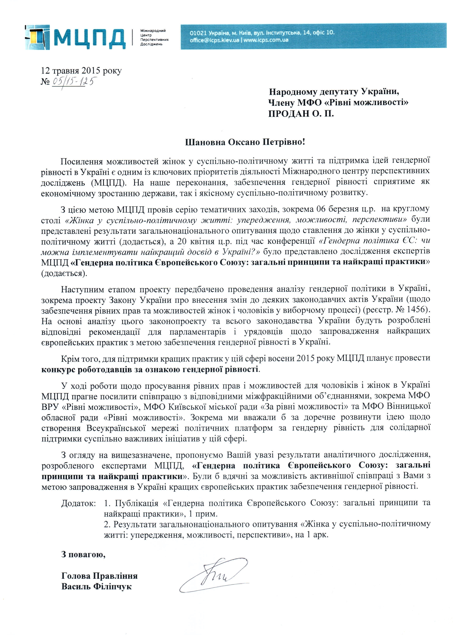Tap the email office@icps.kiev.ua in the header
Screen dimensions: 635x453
[x=214, y=40]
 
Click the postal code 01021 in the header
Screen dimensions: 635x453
[x=197, y=33]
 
